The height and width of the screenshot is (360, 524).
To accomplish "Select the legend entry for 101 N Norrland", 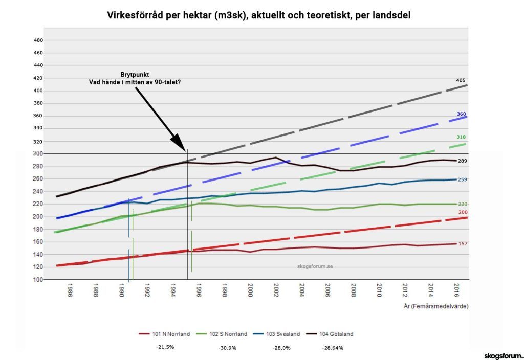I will (x=164, y=334).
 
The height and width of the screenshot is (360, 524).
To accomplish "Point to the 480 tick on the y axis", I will (x=38, y=40).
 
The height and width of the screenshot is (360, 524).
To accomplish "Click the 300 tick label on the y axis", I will (x=38, y=154).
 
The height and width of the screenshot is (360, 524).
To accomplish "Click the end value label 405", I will (x=461, y=80).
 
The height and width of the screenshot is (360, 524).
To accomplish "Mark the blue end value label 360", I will (x=461, y=114).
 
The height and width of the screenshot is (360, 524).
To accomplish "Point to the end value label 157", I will (x=463, y=244).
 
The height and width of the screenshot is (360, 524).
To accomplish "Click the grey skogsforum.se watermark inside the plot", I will (x=315, y=266).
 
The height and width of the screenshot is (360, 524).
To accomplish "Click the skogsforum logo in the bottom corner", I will (x=504, y=355).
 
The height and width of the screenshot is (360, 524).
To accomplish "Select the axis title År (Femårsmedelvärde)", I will (x=435, y=306).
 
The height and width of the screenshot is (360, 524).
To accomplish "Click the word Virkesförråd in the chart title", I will (x=134, y=15).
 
